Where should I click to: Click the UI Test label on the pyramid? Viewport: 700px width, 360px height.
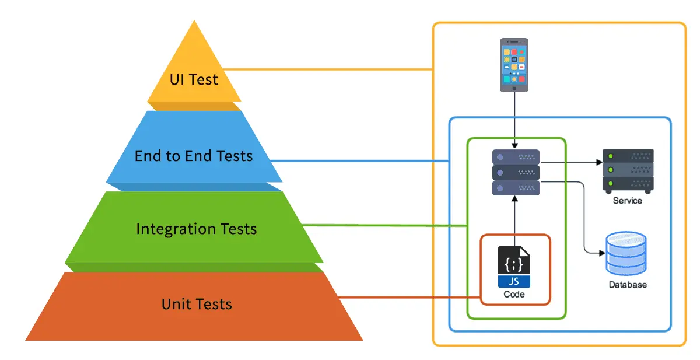[194, 79]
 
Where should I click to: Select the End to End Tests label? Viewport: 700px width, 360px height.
[194, 156]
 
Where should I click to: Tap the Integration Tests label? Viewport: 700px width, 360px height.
[196, 229]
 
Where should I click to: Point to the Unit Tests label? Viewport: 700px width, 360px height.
[197, 304]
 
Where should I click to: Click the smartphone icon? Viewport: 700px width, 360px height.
[514, 65]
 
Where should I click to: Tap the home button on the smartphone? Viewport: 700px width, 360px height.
[514, 88]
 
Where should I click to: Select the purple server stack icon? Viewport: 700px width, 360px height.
[516, 172]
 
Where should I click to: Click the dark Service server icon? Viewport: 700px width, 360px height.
[628, 170]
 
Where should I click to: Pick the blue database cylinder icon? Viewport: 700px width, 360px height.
[626, 254]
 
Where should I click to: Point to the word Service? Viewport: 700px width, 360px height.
[627, 201]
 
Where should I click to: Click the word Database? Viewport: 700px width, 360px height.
[628, 285]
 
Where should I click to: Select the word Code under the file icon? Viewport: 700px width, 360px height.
[514, 295]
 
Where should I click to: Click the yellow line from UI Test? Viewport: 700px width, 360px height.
[327, 69]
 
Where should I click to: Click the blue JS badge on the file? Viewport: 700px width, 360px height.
[514, 281]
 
